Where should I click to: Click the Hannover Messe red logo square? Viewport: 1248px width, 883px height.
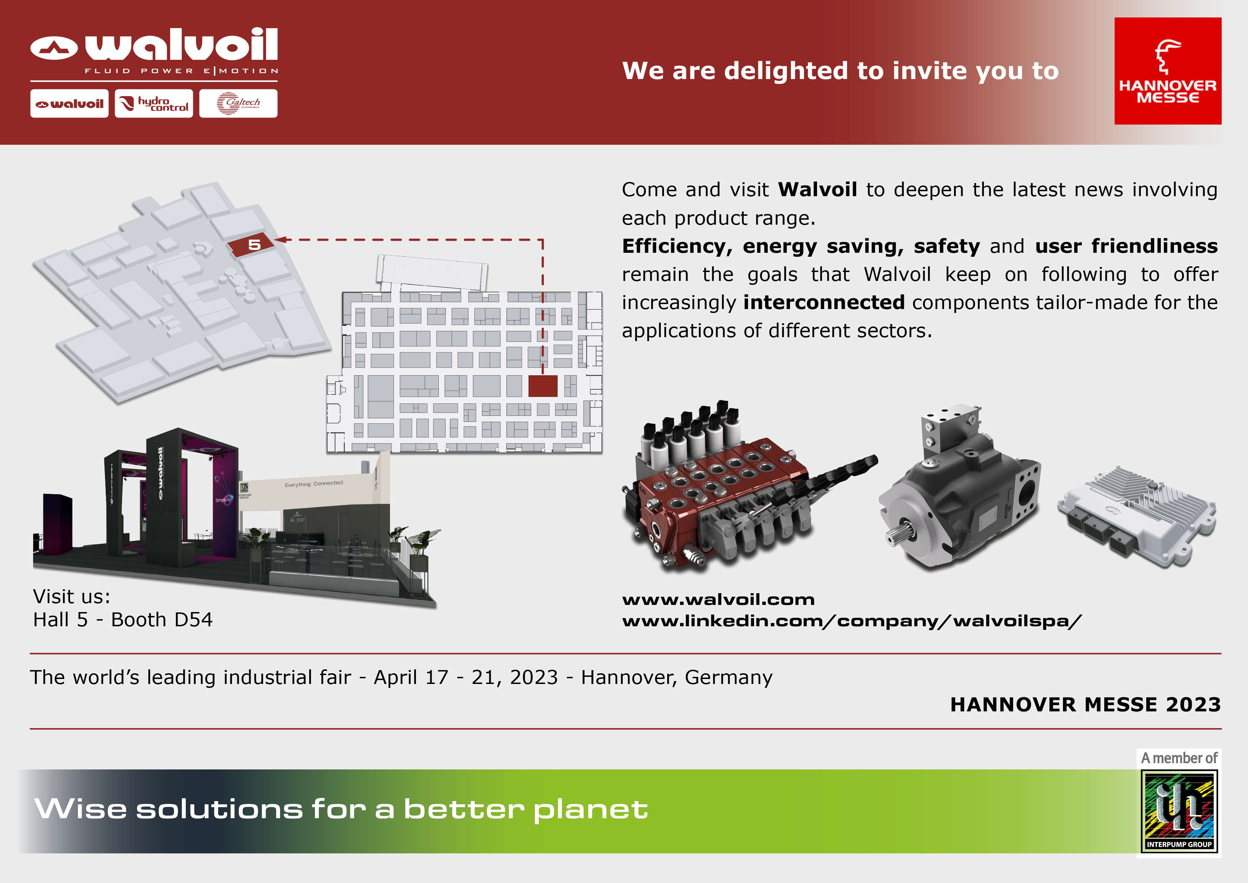[x=1168, y=71]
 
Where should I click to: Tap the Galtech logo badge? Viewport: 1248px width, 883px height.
[x=238, y=103]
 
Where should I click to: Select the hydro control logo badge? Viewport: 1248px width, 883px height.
[x=154, y=103]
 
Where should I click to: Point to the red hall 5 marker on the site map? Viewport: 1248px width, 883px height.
[x=251, y=246]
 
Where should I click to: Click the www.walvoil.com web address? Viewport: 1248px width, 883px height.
[x=718, y=600]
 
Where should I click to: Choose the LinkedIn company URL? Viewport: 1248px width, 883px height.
[x=852, y=621]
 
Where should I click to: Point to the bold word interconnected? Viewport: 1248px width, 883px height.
[x=823, y=302]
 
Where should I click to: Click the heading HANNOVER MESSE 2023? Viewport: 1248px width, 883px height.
[x=1085, y=705]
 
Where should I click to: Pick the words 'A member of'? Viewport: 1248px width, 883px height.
[x=1179, y=758]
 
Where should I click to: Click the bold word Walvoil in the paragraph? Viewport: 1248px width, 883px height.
[x=817, y=190]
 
